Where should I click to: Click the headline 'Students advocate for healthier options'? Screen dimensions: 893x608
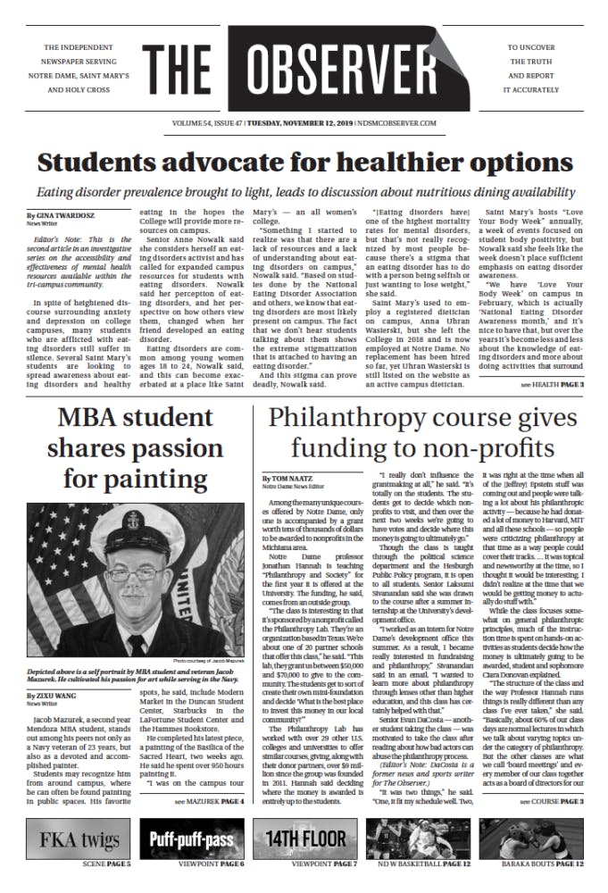(303, 163)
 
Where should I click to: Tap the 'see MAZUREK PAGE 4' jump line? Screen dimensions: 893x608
(209, 802)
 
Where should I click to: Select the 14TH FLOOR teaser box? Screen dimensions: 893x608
(304, 840)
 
